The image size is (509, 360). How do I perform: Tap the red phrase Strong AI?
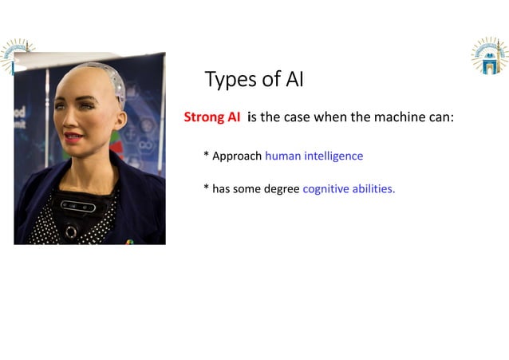(211, 117)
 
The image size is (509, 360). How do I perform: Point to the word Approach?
(237, 156)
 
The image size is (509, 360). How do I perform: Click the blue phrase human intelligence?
(314, 156)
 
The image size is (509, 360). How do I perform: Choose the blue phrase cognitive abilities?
(349, 189)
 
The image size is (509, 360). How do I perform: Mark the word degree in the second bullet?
(280, 190)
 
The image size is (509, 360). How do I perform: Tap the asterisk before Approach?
(206, 156)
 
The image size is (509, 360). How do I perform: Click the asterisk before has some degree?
(206, 189)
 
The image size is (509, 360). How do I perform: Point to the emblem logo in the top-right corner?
(488, 56)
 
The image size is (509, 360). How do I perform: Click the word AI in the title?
(293, 80)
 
